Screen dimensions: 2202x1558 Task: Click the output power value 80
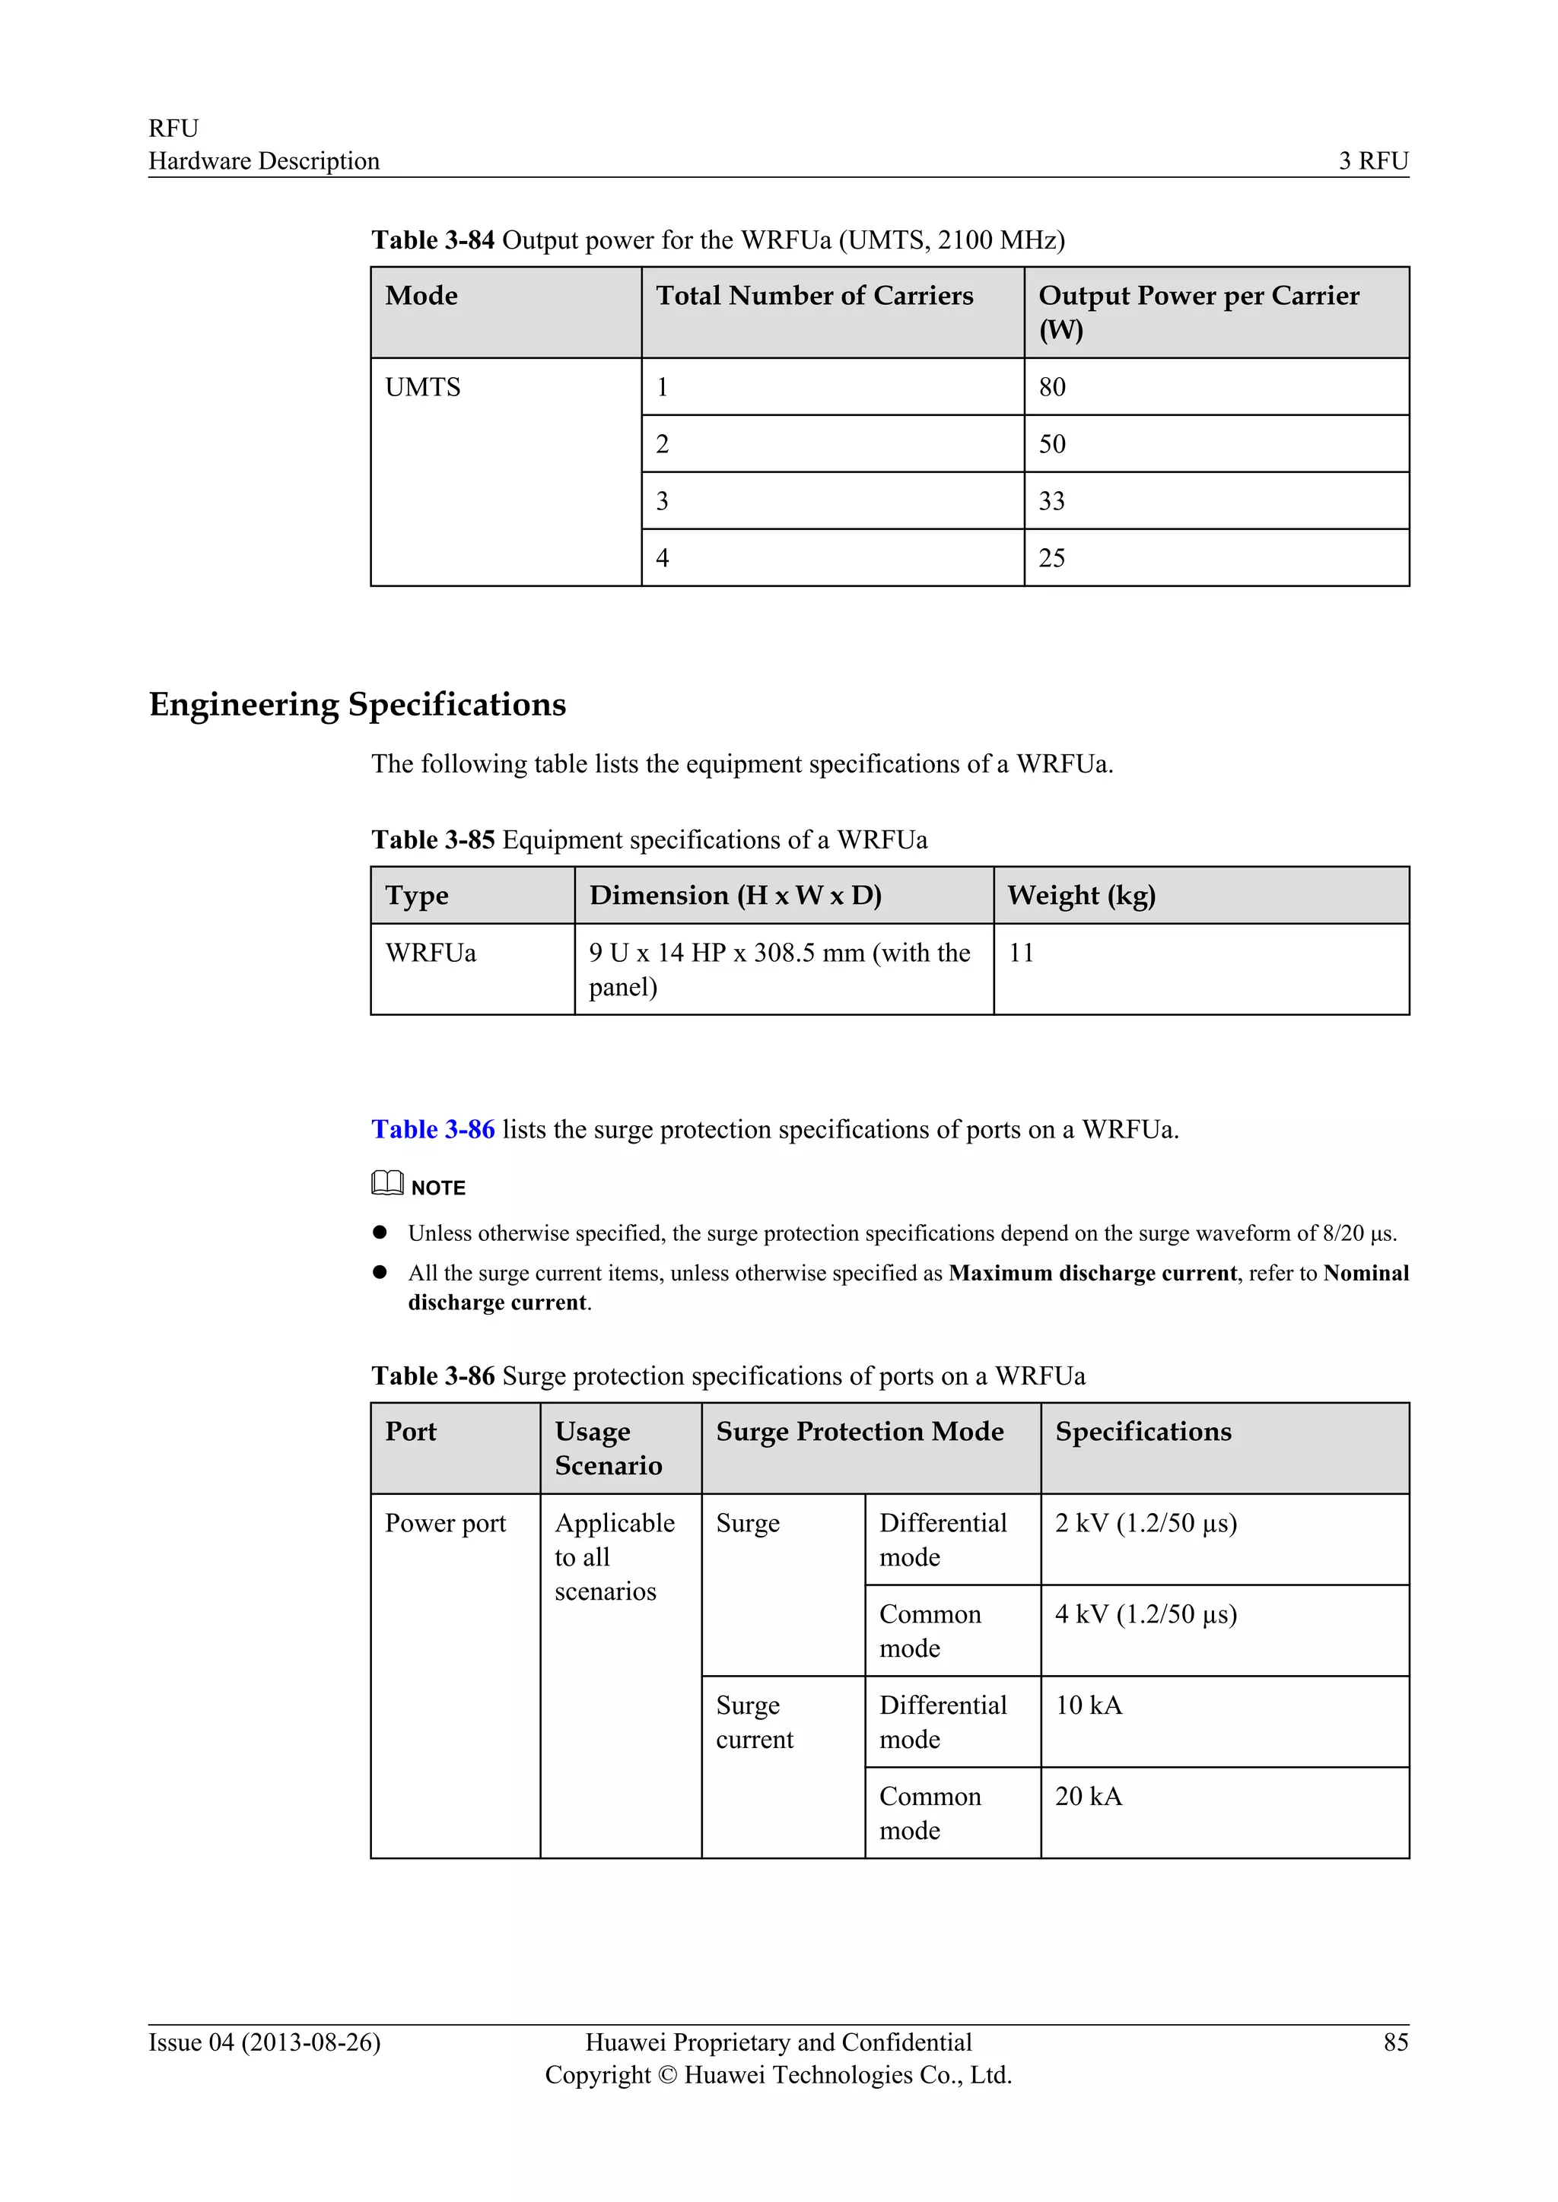tap(1051, 388)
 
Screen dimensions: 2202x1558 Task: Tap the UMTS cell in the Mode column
tap(423, 388)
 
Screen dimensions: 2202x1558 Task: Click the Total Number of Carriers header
tap(815, 297)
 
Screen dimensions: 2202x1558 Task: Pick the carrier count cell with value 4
tap(662, 558)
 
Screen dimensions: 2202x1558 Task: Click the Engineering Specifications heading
tap(357, 705)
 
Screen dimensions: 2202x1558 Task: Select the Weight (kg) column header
tap(1081, 896)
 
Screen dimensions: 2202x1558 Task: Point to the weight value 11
tap(1021, 953)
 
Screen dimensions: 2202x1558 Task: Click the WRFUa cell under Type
tap(431, 953)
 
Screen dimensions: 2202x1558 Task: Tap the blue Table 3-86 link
tap(433, 1130)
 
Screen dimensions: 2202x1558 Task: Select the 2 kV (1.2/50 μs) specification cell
tap(1146, 1524)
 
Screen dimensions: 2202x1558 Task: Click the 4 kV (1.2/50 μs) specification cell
tap(1146, 1615)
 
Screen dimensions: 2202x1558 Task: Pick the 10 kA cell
tap(1088, 1706)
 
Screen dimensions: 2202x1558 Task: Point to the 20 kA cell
tap(1088, 1797)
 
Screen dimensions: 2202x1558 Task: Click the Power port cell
tap(445, 1524)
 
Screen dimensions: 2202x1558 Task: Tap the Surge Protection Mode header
tap(860, 1432)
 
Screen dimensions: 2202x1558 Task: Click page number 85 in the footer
tap(1395, 2043)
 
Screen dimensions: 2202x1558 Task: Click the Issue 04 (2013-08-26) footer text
tap(265, 2043)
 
